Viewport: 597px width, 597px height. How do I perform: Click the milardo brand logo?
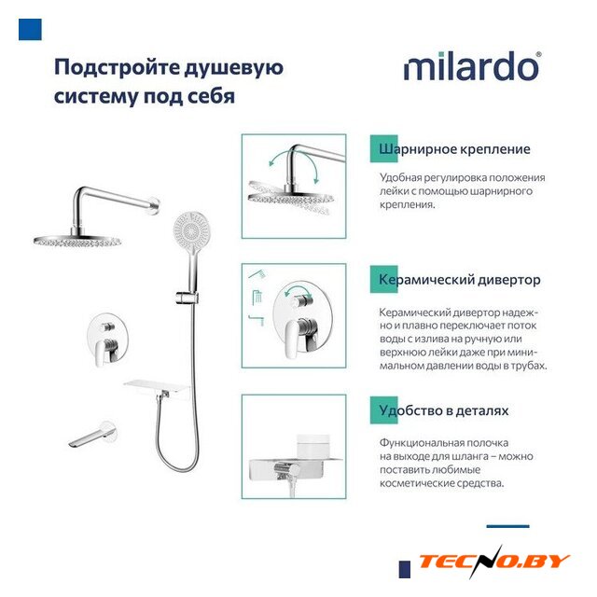pyautogui.click(x=472, y=66)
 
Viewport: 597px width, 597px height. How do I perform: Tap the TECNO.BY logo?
pyautogui.click(x=493, y=562)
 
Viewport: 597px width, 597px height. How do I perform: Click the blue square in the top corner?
pyautogui.click(x=30, y=29)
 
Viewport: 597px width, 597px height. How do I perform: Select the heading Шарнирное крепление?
pyautogui.click(x=454, y=149)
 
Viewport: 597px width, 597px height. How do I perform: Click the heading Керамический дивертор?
pyautogui.click(x=460, y=280)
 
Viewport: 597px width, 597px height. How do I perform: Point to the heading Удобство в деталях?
pyautogui.click(x=444, y=410)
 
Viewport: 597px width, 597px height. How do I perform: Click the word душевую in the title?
pyautogui.click(x=234, y=68)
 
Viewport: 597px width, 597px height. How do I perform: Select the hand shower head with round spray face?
pyautogui.click(x=192, y=229)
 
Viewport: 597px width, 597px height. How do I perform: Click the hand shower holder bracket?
pyautogui.click(x=187, y=298)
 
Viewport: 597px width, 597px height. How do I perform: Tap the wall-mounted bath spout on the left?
pyautogui.click(x=91, y=435)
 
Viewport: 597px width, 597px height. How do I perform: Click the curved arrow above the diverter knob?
pyautogui.click(x=298, y=291)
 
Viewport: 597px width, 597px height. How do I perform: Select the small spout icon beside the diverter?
pyautogui.click(x=257, y=320)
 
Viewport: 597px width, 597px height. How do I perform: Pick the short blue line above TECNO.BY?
pyautogui.click(x=507, y=526)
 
